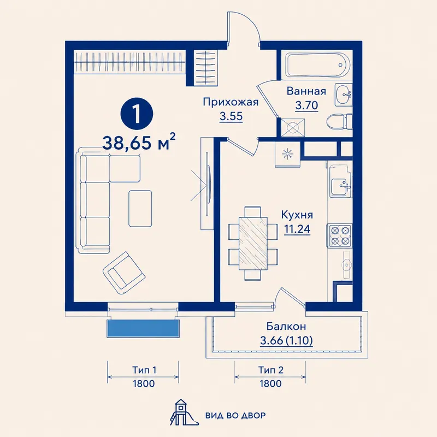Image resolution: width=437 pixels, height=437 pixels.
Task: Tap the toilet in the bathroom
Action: [339, 122]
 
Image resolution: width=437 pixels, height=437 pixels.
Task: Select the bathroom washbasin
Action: [344, 95]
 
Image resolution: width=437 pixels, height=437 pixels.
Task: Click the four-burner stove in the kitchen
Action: [340, 235]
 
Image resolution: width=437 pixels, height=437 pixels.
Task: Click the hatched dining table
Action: [253, 244]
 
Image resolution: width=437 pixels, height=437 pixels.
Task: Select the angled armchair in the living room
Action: [124, 274]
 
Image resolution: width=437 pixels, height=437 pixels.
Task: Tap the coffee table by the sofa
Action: [140, 209]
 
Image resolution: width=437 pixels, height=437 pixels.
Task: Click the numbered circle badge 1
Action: [137, 114]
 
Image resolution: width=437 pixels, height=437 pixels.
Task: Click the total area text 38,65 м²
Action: [139, 142]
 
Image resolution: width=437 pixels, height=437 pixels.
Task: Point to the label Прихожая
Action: [231, 102]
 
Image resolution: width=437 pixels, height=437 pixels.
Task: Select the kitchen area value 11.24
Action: [297, 229]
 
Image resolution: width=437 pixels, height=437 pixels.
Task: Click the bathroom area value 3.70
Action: [306, 105]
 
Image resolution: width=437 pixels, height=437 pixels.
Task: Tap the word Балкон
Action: [286, 326]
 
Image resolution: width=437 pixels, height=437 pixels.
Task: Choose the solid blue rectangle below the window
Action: [143, 329]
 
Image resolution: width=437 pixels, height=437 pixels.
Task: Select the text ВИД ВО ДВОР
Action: [235, 416]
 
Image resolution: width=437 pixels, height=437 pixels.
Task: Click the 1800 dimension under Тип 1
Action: [144, 384]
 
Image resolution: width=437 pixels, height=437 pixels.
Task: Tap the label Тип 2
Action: [271, 370]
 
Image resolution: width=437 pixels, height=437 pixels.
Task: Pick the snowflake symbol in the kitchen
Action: [287, 154]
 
